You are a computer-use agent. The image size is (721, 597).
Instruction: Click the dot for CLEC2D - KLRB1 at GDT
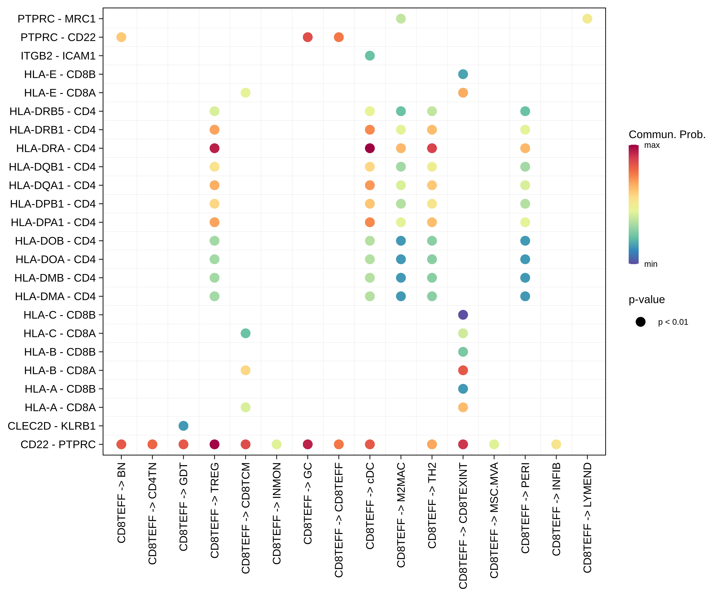pyautogui.click(x=183, y=426)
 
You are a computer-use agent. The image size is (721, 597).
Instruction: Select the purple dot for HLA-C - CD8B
pyautogui.click(x=463, y=315)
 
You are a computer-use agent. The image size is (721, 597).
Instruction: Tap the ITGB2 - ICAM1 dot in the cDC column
pyautogui.click(x=370, y=56)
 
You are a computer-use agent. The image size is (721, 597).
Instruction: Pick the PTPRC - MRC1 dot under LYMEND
pyautogui.click(x=587, y=19)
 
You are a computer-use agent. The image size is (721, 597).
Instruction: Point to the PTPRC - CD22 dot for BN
pyautogui.click(x=121, y=37)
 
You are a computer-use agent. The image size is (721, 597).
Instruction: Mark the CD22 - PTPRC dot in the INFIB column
pyautogui.click(x=556, y=445)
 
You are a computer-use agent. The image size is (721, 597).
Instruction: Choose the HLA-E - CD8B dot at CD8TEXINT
pyautogui.click(x=463, y=74)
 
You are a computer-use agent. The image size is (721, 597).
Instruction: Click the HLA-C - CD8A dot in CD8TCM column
pyautogui.click(x=245, y=333)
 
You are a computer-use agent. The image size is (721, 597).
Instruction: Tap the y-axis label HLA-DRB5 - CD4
pyautogui.click(x=53, y=111)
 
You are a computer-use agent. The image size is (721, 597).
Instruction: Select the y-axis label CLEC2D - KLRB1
pyautogui.click(x=52, y=426)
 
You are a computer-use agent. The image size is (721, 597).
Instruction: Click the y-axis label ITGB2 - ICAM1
pyautogui.click(x=58, y=56)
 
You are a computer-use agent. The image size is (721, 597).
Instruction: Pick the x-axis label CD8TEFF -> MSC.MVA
pyautogui.click(x=494, y=520)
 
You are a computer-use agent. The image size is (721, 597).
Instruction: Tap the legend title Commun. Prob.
pyautogui.click(x=667, y=134)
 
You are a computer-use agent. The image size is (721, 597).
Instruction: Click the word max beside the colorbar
pyautogui.click(x=652, y=145)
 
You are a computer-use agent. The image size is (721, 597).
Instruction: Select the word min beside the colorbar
pyautogui.click(x=651, y=264)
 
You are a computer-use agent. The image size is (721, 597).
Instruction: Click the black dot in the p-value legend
pyautogui.click(x=640, y=322)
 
